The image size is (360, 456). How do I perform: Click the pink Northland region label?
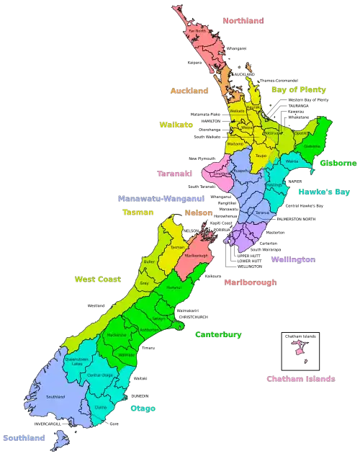[243, 21]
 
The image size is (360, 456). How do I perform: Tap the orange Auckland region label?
[189, 91]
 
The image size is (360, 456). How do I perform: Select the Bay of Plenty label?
[299, 90]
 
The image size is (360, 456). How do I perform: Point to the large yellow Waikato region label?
[176, 125]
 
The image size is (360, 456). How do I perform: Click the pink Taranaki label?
[175, 173]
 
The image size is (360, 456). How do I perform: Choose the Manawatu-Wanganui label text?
[161, 197]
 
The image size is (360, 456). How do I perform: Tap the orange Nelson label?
[198, 213]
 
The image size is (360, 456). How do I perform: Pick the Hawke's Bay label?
[324, 192]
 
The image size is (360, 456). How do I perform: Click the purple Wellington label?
[293, 258]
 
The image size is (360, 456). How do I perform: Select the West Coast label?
[98, 279]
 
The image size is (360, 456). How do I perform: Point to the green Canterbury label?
[218, 334]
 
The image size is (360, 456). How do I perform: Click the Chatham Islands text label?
[300, 378]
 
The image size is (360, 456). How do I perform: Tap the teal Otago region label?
[143, 408]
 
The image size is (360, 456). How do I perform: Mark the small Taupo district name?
[261, 156]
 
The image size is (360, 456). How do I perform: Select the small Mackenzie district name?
[117, 335]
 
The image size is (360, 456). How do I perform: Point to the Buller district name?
[150, 262]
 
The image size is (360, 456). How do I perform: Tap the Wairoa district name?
[292, 162]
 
